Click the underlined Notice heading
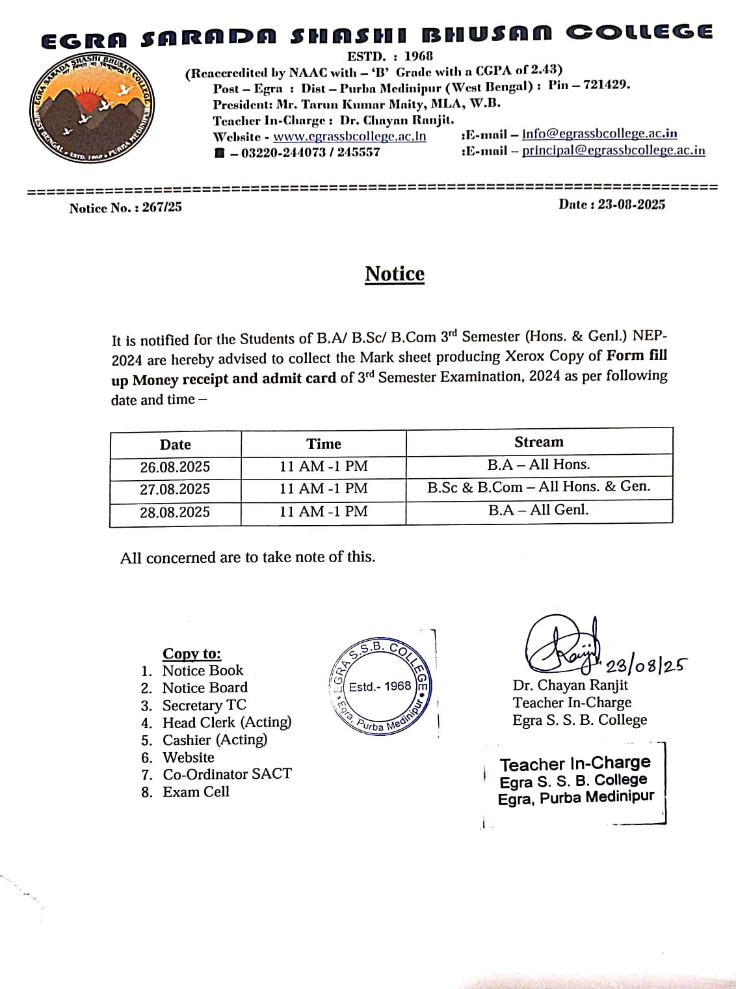pyautogui.click(x=394, y=274)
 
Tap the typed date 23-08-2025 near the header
pyautogui.click(x=631, y=204)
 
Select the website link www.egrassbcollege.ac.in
pyautogui.click(x=349, y=137)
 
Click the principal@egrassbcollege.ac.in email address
pyautogui.click(x=613, y=150)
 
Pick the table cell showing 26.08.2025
pyautogui.click(x=175, y=467)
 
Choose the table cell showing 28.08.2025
pyautogui.click(x=175, y=512)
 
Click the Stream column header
pyautogui.click(x=538, y=442)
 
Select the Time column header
pyautogui.click(x=323, y=444)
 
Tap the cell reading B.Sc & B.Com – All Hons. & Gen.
pyautogui.click(x=538, y=487)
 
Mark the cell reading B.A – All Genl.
pyautogui.click(x=538, y=509)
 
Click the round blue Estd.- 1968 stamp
pyautogui.click(x=380, y=686)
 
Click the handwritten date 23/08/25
pyautogui.click(x=646, y=665)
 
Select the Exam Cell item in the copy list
pyautogui.click(x=196, y=792)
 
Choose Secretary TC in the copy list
pyautogui.click(x=204, y=705)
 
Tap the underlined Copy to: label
pyautogui.click(x=192, y=653)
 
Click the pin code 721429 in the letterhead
pyautogui.click(x=606, y=85)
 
